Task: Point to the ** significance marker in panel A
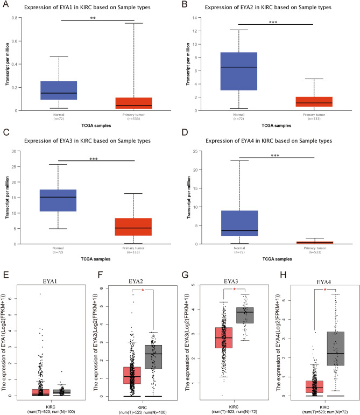pyautogui.click(x=96, y=18)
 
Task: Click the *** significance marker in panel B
pyautogui.click(x=275, y=21)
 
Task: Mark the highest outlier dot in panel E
pyautogui.click(x=40, y=294)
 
